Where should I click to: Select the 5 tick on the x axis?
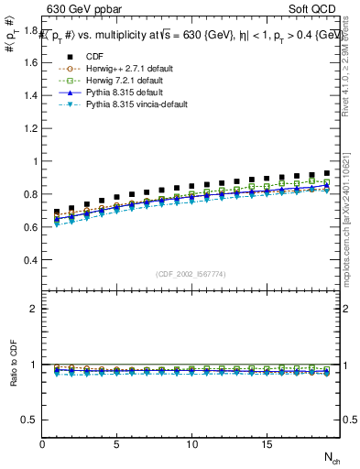[117, 444]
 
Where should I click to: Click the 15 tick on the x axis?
[266, 444]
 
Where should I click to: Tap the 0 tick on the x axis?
[43, 444]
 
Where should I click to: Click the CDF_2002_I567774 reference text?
[192, 274]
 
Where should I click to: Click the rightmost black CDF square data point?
[325, 173]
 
